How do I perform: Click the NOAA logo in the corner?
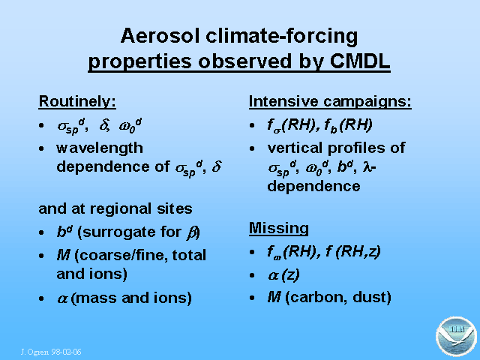click(456, 337)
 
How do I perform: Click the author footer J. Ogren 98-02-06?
click(51, 352)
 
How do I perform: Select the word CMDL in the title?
click(360, 61)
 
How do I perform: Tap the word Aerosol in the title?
click(160, 36)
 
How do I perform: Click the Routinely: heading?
click(77, 101)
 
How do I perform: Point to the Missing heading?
click(278, 228)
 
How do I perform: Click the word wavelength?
click(100, 148)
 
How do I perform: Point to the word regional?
click(121, 209)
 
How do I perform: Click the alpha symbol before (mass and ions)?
click(62, 298)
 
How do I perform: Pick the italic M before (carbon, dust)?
click(274, 297)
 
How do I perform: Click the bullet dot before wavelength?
click(41, 148)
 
